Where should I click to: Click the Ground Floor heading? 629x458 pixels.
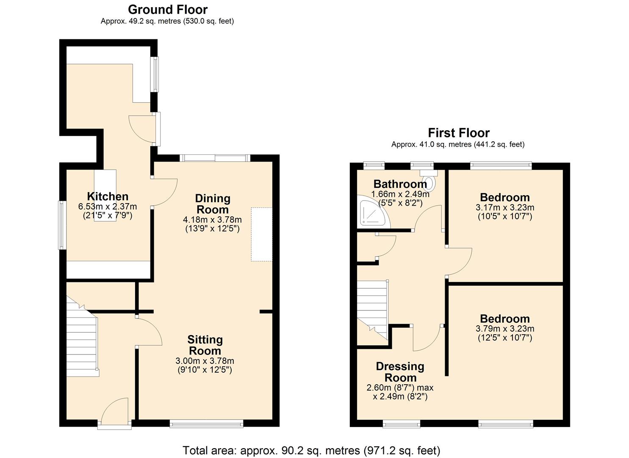coord(168,9)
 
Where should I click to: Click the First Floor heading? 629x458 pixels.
coord(458,133)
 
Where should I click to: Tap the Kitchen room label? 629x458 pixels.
coord(108,196)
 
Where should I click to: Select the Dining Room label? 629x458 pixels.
coord(213,204)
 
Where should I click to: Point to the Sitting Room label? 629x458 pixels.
coord(205,345)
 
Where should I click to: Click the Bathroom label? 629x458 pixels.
coord(400,184)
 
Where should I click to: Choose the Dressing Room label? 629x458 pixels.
coord(400,372)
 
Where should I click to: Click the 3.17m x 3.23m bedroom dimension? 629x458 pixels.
coord(505,208)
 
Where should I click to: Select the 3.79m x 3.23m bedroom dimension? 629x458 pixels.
coord(505,329)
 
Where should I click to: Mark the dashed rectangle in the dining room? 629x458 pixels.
coord(261,234)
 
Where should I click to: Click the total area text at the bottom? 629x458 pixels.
coord(311,450)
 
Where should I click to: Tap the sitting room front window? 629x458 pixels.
coord(206,423)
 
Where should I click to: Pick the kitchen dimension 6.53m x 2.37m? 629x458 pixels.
coord(108,207)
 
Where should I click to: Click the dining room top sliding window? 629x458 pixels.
coord(215,158)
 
